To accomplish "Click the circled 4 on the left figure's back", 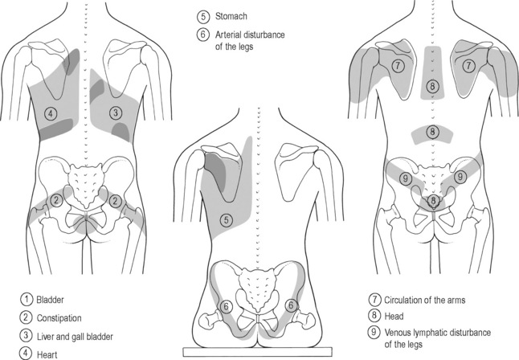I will pos(51,112).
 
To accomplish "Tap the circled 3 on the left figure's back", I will pos(116,112).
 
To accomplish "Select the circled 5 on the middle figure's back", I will pos(226,218).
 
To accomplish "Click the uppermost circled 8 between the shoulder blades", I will pos(433,85).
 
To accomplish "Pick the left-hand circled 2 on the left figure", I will pos(55,199).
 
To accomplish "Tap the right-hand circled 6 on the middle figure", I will pos(292,305).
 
